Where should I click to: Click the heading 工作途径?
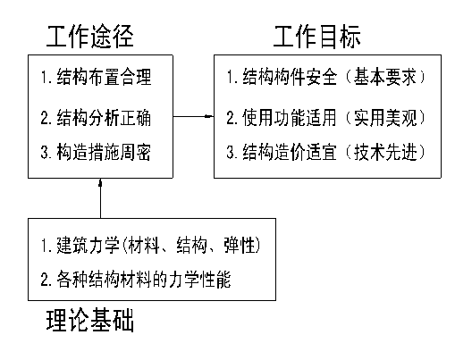[90, 37]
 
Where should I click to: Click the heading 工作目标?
[317, 37]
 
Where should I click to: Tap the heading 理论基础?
[90, 320]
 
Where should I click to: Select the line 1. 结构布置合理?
[97, 77]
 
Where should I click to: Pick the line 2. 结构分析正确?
[96, 118]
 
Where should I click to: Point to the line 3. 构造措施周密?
[96, 152]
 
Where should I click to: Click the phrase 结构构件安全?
[290, 77]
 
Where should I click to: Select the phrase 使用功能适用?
[290, 118]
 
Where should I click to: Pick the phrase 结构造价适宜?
[290, 152]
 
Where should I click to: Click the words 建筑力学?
[88, 246]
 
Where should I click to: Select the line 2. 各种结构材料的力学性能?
[136, 280]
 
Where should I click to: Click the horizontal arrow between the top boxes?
[193, 116]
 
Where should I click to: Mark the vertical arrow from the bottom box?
[100, 198]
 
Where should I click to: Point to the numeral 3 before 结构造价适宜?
[231, 152]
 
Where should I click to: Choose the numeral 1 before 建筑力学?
[45, 246]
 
